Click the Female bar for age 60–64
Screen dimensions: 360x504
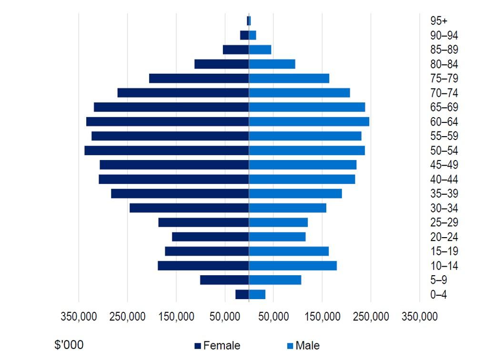point(167,121)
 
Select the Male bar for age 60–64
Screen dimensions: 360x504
point(309,121)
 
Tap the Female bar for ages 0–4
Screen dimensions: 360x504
point(242,294)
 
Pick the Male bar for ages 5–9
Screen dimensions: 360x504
point(275,280)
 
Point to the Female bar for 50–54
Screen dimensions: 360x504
point(166,150)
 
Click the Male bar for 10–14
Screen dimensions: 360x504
point(292,266)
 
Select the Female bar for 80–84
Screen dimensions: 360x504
point(222,64)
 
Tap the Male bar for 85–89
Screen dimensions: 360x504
point(260,50)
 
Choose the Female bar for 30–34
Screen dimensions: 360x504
point(189,208)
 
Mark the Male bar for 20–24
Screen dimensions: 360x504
point(277,237)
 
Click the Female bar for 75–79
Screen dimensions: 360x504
point(199,78)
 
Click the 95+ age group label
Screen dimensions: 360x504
point(438,20)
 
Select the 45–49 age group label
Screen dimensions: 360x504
point(444,165)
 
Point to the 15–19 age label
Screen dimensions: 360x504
point(444,251)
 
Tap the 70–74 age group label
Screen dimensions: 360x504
point(444,93)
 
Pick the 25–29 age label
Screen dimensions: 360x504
point(444,222)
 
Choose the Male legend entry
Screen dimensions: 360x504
point(303,346)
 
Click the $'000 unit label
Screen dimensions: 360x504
point(69,345)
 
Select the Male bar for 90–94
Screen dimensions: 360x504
point(252,35)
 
